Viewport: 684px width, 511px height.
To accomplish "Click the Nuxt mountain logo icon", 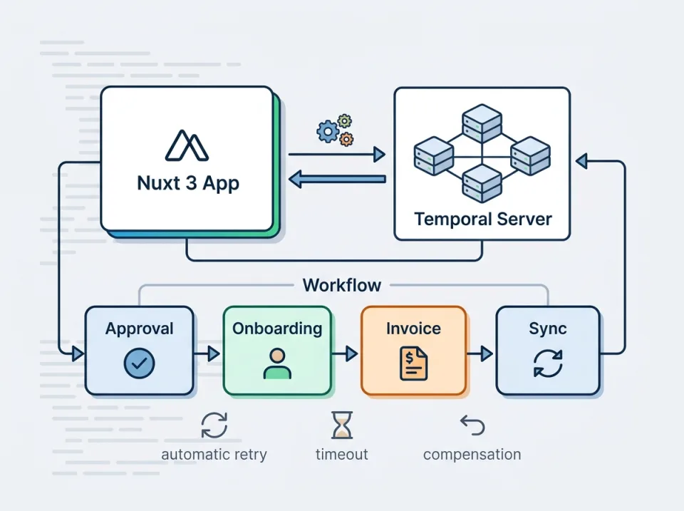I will [187, 145].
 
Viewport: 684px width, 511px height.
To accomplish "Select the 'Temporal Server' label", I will [482, 218].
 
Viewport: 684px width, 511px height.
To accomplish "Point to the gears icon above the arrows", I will [335, 130].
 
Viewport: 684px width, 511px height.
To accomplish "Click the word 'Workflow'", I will [342, 286].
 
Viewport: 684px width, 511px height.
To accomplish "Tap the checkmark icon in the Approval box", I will [139, 363].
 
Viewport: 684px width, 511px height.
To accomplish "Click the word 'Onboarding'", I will [277, 329].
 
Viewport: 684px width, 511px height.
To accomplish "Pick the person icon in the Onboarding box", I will [277, 363].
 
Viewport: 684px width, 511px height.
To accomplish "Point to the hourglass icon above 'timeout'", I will [342, 425].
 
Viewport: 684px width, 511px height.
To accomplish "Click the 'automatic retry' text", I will [214, 455].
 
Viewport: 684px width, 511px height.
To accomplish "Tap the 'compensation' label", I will [472, 455].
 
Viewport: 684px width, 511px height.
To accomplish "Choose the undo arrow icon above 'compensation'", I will [472, 426].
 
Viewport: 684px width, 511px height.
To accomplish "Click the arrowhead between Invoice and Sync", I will [487, 352].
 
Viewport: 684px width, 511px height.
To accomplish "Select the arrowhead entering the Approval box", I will [78, 352].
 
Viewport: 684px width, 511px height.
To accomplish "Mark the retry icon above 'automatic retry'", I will [214, 425].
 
